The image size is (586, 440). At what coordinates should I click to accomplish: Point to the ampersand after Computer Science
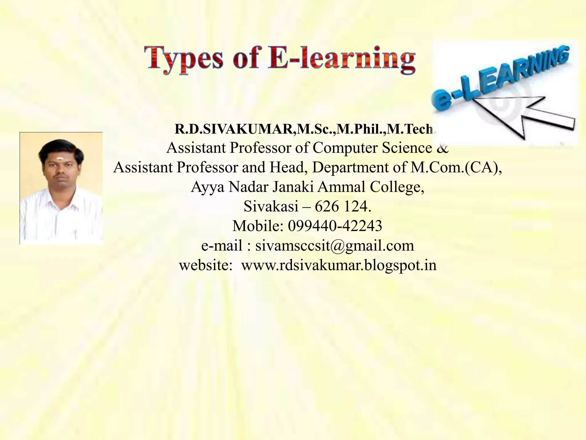[x=443, y=148]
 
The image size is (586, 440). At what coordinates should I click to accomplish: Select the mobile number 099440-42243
[x=335, y=226]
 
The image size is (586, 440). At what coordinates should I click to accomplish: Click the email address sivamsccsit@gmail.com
[x=334, y=246]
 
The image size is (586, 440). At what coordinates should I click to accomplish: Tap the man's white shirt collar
[x=62, y=201]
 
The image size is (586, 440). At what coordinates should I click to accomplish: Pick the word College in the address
[x=397, y=187]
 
